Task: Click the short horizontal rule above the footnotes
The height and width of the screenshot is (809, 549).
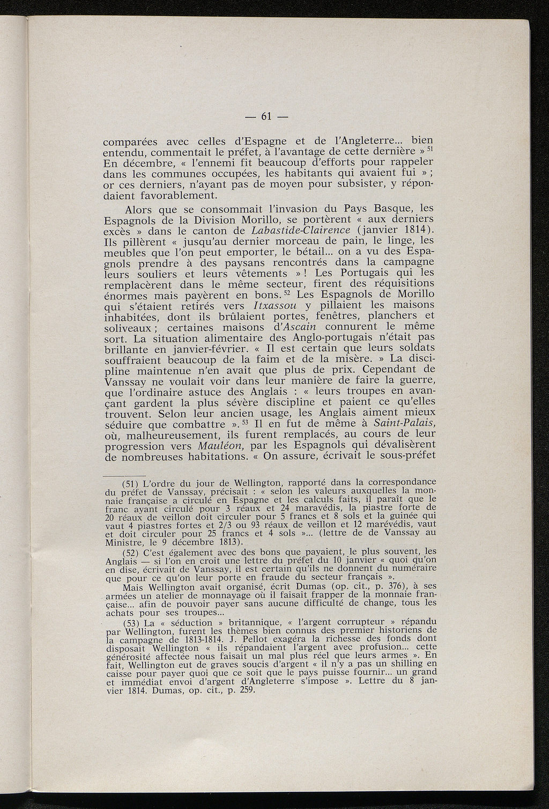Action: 123,475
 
